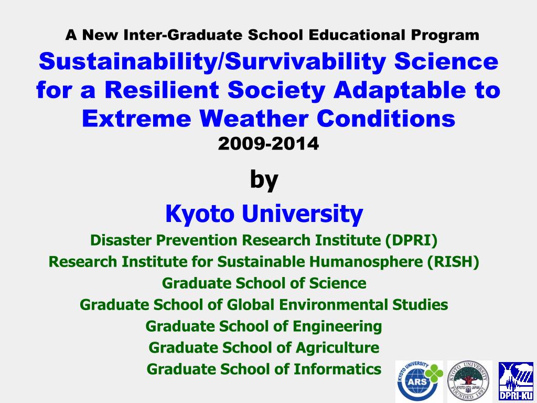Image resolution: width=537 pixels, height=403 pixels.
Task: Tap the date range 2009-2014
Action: (x=268, y=143)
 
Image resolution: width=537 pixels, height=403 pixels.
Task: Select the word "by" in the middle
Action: (x=264, y=180)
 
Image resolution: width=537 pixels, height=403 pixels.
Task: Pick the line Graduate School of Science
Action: (x=264, y=283)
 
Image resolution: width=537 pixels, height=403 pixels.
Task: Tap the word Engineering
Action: (x=337, y=326)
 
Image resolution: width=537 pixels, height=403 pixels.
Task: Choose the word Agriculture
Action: (x=337, y=348)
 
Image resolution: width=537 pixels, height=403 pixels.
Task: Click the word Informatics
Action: (x=337, y=369)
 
